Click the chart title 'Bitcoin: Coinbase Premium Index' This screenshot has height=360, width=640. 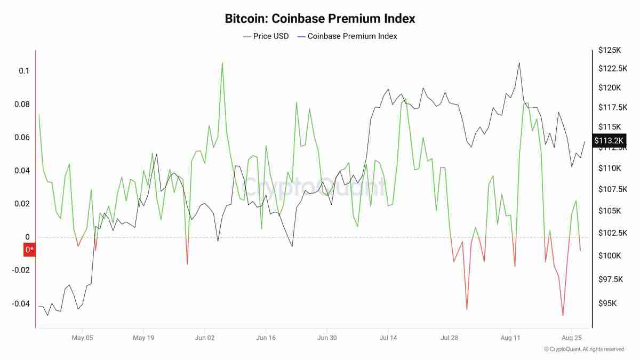pyautogui.click(x=320, y=19)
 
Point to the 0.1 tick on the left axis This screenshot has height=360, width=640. pyautogui.click(x=24, y=71)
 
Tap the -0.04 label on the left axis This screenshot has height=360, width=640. pyautogui.click(x=21, y=303)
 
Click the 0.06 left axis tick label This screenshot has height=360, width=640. pyautogui.click(x=22, y=138)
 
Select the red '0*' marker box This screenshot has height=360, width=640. pyautogui.click(x=29, y=249)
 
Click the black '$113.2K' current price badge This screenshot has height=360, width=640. pyautogui.click(x=609, y=140)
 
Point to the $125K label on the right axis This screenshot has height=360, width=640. pyautogui.click(x=610, y=50)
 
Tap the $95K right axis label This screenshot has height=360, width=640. pyautogui.click(x=607, y=303)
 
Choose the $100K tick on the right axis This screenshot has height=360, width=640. pyautogui.click(x=609, y=256)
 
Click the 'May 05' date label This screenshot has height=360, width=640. pyautogui.click(x=83, y=338)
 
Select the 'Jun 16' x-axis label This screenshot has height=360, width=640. pyautogui.click(x=266, y=338)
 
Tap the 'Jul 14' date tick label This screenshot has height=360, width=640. pyautogui.click(x=388, y=338)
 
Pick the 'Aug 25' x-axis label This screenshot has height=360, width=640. pyautogui.click(x=572, y=338)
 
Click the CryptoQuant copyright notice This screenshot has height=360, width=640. pyautogui.click(x=584, y=349)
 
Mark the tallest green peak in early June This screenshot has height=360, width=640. pyautogui.click(x=222, y=62)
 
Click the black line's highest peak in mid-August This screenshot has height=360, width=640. pyautogui.click(x=518, y=62)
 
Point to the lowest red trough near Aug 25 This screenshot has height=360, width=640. pyautogui.click(x=563, y=315)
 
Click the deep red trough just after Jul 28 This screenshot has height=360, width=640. pyautogui.click(x=467, y=309)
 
